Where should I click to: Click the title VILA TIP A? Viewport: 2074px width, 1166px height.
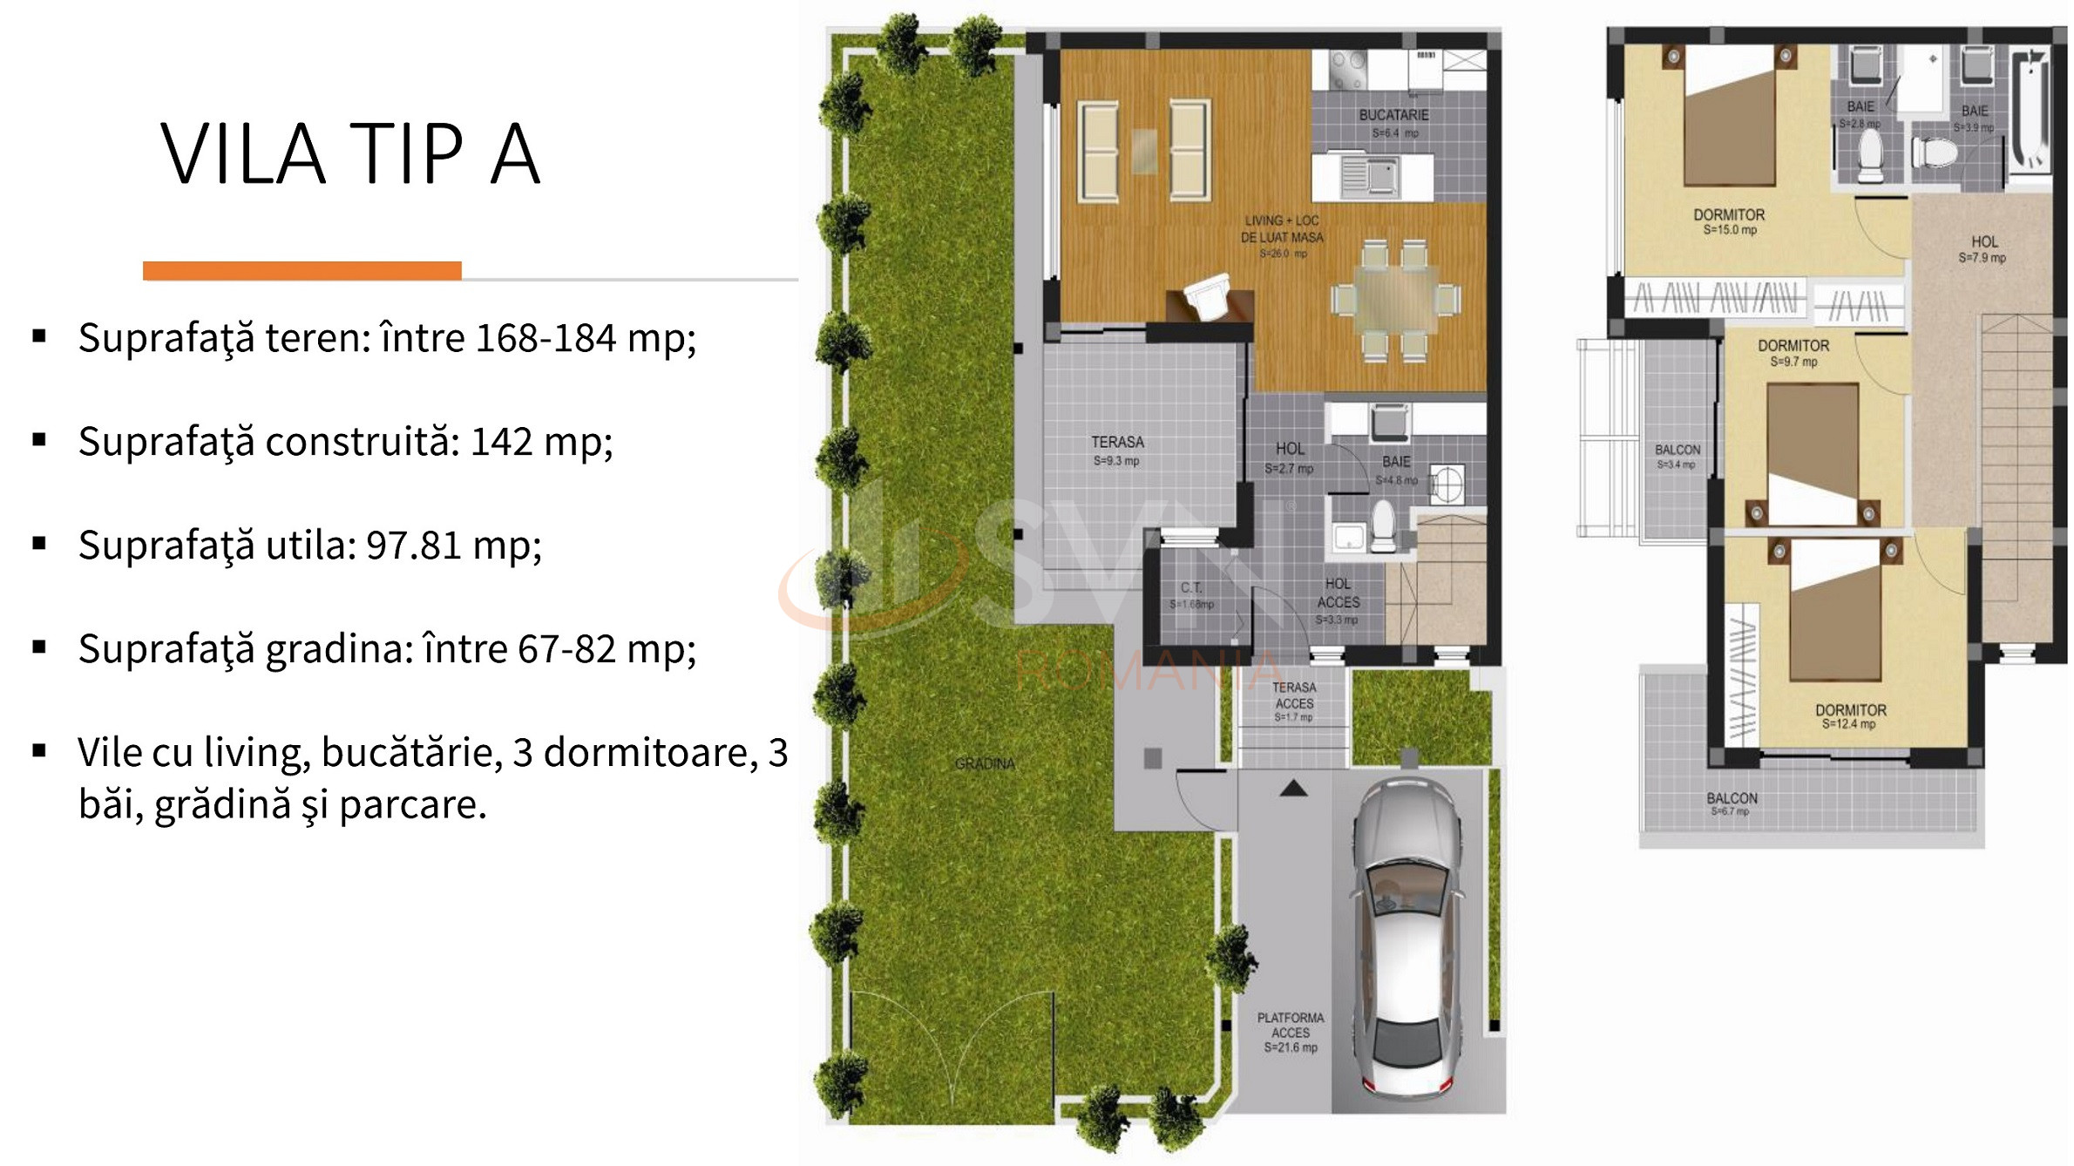point(350,155)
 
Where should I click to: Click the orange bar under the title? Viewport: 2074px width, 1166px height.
point(302,271)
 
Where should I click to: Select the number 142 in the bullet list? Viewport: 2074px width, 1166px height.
point(501,442)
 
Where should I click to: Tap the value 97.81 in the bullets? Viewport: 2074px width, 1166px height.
point(413,546)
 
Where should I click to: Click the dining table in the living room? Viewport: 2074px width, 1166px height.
point(1395,299)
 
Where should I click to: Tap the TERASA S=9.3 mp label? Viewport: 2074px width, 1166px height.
point(1117,450)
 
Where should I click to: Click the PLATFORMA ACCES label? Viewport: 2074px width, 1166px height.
point(1291,1032)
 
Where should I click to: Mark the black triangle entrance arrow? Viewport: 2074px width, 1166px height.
point(1293,789)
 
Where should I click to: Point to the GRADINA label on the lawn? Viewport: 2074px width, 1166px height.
point(985,763)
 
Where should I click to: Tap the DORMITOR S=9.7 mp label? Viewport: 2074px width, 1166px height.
point(1793,352)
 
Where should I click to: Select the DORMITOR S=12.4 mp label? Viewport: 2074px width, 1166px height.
point(1850,715)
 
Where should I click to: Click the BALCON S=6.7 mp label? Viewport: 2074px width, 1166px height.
point(1732,803)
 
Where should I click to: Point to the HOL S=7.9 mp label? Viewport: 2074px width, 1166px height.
point(1983,248)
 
